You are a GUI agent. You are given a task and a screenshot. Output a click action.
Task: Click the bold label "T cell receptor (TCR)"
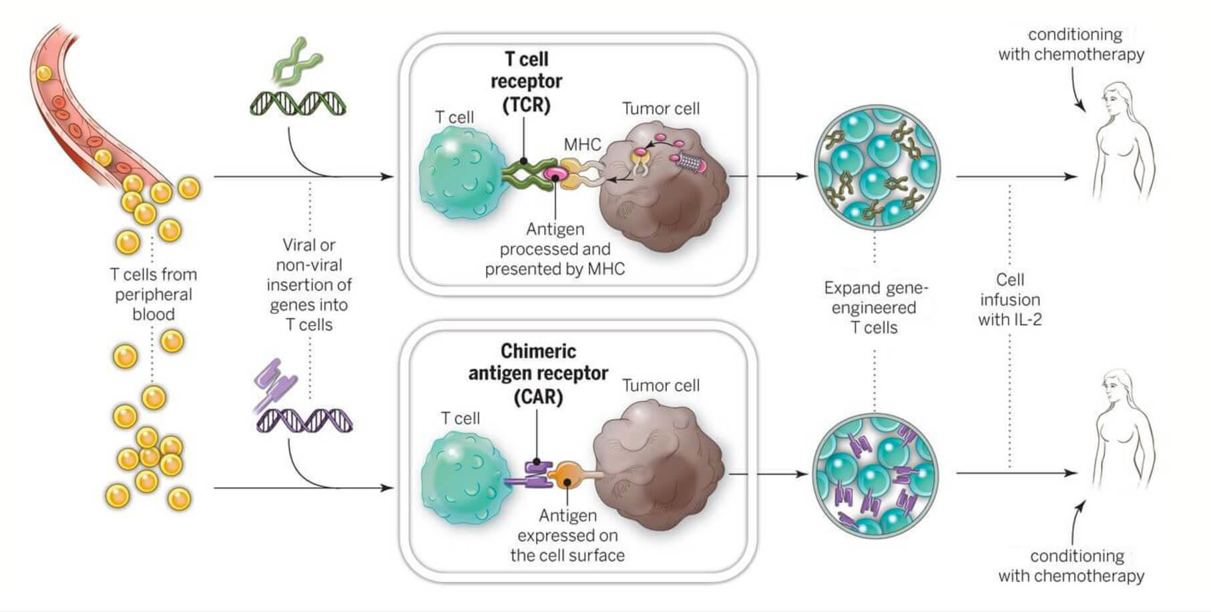pyautogui.click(x=526, y=81)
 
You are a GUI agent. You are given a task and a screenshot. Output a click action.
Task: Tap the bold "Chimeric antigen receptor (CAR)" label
pyautogui.click(x=538, y=374)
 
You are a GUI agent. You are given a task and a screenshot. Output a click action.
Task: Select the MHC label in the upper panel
pyautogui.click(x=582, y=145)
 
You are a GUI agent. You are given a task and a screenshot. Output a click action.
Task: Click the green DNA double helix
pyautogui.click(x=298, y=103)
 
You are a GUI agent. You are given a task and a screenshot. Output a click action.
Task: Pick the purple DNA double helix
pyautogui.click(x=304, y=420)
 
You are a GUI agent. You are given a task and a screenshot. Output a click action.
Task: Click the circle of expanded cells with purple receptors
pyautogui.click(x=875, y=475)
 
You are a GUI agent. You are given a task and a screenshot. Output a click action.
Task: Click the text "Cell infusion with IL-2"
pyautogui.click(x=1009, y=300)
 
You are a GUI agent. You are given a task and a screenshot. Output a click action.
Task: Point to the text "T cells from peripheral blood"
pyautogui.click(x=154, y=294)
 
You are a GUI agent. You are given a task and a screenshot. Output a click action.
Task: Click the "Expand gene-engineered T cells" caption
pyautogui.click(x=875, y=308)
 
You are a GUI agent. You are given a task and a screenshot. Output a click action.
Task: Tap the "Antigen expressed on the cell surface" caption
pyautogui.click(x=567, y=535)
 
